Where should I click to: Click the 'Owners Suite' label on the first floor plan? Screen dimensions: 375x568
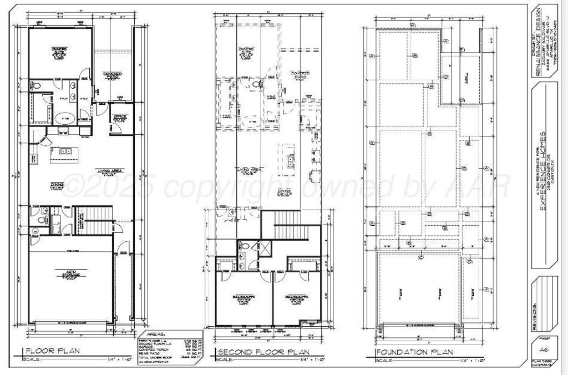(x=59, y=52)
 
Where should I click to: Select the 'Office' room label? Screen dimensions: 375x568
(x=120, y=117)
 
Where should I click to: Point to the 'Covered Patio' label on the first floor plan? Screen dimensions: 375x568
(x=113, y=75)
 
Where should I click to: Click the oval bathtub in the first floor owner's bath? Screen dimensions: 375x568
(x=65, y=118)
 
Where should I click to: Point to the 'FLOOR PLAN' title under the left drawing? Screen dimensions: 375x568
(x=53, y=351)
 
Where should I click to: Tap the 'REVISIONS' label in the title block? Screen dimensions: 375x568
(x=535, y=316)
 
